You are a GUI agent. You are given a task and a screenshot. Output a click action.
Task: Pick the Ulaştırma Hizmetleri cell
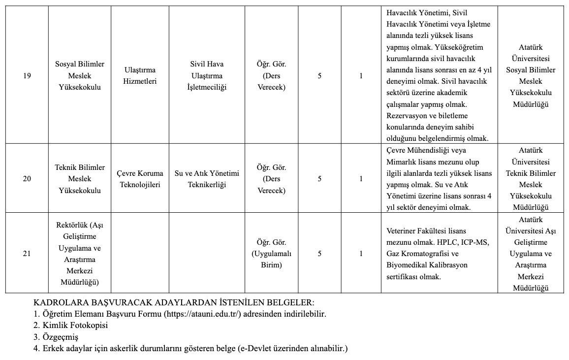(x=140, y=76)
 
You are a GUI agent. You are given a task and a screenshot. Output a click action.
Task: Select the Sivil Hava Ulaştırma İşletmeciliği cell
(x=206, y=76)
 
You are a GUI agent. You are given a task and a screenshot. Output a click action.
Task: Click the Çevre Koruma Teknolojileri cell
(x=140, y=179)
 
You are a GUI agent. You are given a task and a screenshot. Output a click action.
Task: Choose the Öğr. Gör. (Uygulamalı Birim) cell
(x=272, y=254)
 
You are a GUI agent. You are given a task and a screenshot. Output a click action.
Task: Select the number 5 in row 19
(x=319, y=76)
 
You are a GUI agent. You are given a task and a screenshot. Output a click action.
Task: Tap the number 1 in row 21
(x=361, y=254)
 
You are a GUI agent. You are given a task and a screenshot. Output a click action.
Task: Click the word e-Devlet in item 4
(x=253, y=349)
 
